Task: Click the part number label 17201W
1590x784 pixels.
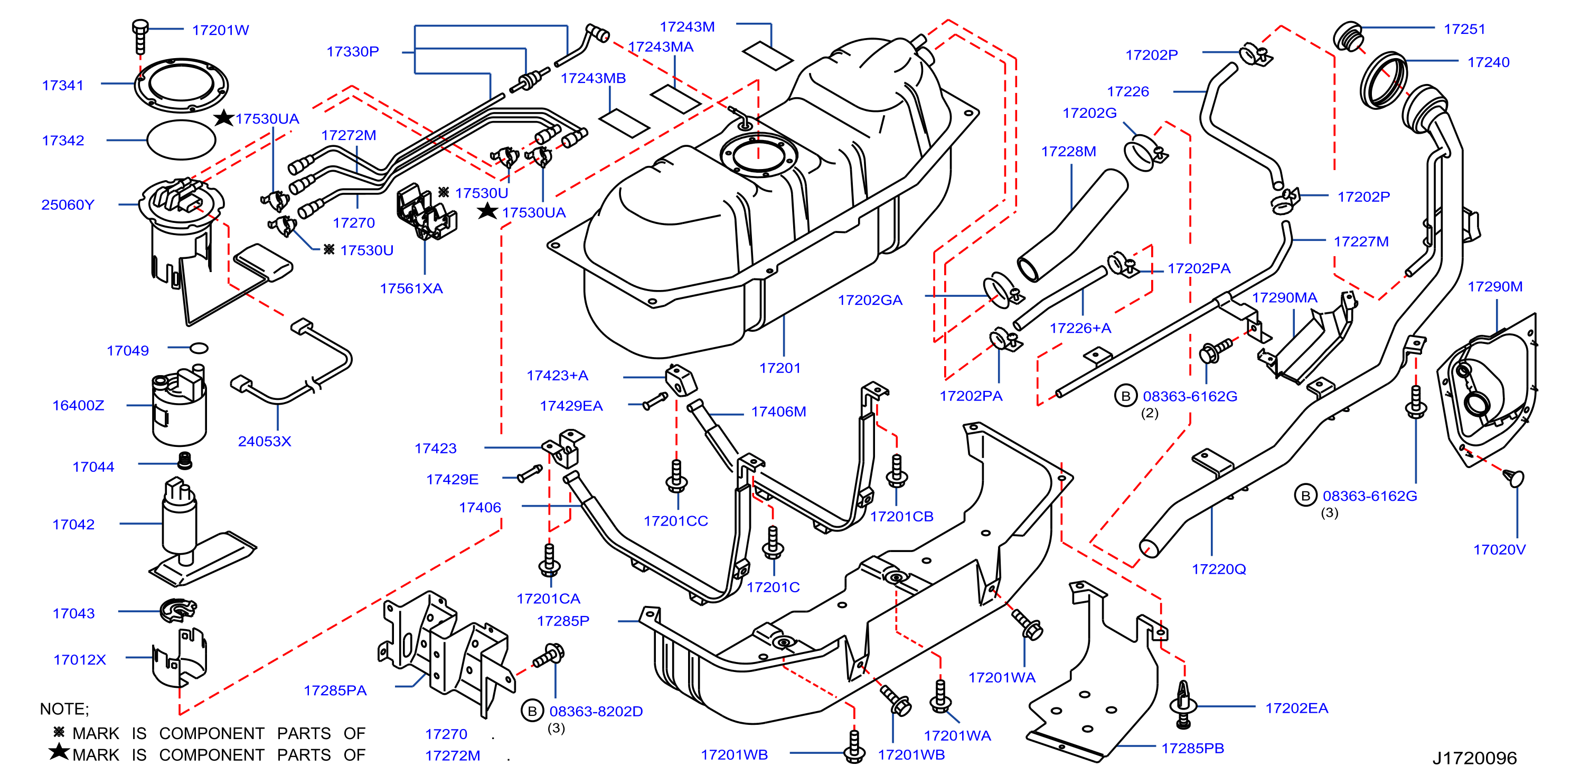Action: (220, 30)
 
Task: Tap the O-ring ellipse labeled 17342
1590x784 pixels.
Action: (181, 140)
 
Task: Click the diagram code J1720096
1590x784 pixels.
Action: (1474, 758)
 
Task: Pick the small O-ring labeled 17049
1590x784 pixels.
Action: (199, 348)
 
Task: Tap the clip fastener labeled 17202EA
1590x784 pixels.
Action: (1183, 704)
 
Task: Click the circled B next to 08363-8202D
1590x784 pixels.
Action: (532, 711)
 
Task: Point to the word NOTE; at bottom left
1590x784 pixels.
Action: (64, 708)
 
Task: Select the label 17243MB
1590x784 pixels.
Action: (593, 78)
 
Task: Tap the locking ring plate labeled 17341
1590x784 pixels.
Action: (182, 85)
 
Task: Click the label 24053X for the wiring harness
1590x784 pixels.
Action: (264, 441)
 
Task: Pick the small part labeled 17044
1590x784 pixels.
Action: (184, 461)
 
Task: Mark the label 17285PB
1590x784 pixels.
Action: (1192, 748)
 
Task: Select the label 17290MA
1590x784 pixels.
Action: (1284, 297)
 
